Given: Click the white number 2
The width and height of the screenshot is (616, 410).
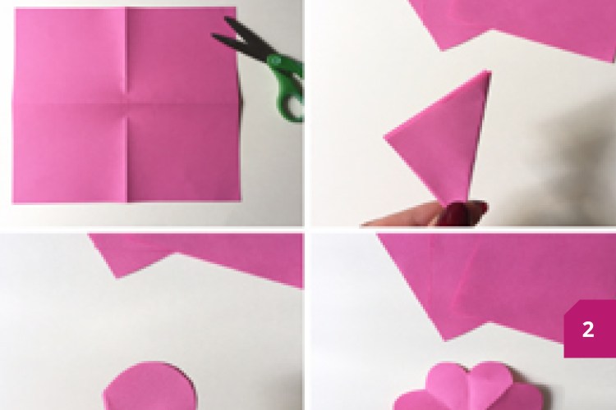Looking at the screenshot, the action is pos(588,330).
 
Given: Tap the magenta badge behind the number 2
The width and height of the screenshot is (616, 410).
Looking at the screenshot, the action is pos(590,329).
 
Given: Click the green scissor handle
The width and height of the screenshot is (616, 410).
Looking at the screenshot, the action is pos(289,90).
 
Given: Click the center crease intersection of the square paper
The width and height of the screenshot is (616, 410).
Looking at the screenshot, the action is pos(127,103).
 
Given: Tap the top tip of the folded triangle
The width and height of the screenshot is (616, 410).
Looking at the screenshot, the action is pos(489,71).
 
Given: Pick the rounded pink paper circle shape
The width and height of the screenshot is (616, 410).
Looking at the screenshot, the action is pos(150,385).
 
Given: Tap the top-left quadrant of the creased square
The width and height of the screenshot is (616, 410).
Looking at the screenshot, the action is pos(70,56).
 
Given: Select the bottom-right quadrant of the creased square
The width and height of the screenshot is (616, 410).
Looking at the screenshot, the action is pos(184,153).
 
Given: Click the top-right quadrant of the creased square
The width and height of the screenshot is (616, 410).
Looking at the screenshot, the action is pos(182,56).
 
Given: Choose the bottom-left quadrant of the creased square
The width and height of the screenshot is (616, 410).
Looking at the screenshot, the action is pos(70,154).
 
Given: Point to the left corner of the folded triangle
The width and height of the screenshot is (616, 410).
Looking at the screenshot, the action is pos(384,137).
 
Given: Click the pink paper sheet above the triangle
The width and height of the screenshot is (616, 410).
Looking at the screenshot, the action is pos(522,24).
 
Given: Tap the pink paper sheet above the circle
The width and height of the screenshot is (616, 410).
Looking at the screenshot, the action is pos(205,255).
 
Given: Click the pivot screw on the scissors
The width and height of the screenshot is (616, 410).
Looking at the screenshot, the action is pos(274,61).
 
